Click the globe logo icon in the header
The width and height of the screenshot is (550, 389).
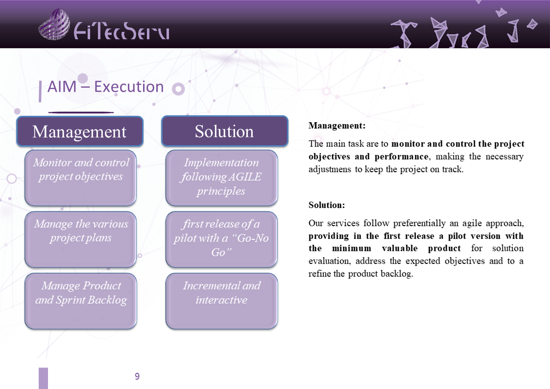click(54, 24)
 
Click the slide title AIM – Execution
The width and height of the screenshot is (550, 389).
click(106, 86)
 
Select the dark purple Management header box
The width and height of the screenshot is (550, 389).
click(80, 131)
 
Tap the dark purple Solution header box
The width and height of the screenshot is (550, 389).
click(224, 131)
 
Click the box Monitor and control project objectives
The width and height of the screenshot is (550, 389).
click(81, 178)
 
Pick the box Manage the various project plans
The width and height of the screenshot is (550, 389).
click(81, 239)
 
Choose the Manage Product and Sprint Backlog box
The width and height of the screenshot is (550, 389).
click(81, 301)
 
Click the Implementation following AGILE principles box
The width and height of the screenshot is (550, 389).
click(222, 178)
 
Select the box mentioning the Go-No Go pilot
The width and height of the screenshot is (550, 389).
click(222, 239)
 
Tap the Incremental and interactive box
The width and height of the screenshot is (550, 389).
click(222, 301)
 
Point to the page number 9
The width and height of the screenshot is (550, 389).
click(137, 376)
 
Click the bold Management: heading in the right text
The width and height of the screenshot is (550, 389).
click(337, 126)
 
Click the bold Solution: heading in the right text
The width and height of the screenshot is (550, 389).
click(327, 205)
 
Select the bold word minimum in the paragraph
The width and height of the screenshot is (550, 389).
click(352, 248)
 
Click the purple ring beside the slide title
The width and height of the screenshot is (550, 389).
click(178, 89)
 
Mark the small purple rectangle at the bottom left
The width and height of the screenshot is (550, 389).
click(43, 378)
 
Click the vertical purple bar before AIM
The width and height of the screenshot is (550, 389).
click(40, 91)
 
